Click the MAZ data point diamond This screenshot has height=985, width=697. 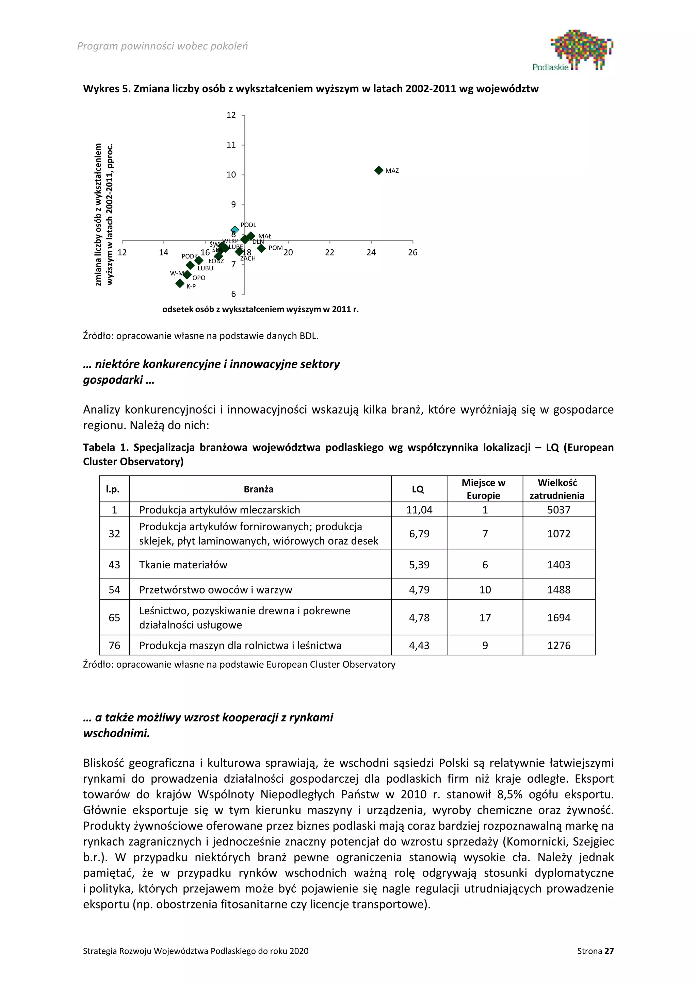[x=378, y=170]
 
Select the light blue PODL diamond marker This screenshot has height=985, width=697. [x=235, y=230]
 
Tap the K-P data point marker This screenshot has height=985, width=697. [x=180, y=283]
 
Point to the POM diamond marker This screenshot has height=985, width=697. [x=261, y=248]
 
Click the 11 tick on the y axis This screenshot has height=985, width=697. [x=231, y=145]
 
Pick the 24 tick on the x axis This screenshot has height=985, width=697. [x=371, y=252]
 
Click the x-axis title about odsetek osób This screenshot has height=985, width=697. [x=260, y=309]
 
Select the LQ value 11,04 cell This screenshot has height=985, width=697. [x=419, y=510]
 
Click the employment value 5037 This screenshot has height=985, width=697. [x=558, y=510]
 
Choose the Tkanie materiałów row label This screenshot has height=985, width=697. [x=183, y=565]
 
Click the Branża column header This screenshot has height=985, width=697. [x=258, y=489]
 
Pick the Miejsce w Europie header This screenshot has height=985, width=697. [x=483, y=489]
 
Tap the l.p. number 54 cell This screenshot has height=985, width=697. [x=114, y=589]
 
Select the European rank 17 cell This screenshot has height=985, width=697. [x=485, y=617]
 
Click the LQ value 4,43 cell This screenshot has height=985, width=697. [x=419, y=645]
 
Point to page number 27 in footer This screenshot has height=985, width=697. [x=609, y=963]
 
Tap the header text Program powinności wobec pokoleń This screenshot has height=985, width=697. [x=162, y=46]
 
